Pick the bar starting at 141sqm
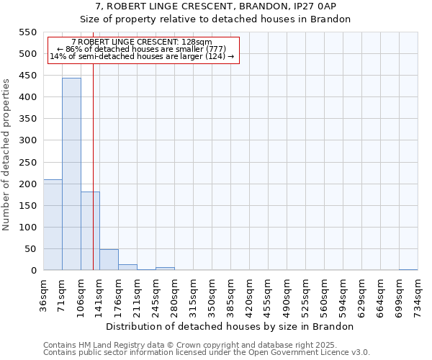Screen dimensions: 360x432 point(109,260)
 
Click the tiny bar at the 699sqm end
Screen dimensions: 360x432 point(408,269)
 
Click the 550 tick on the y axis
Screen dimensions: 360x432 point(27,32)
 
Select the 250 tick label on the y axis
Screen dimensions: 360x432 point(27,163)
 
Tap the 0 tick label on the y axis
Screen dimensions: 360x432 point(33,271)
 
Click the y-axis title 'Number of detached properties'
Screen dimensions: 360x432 point(6,155)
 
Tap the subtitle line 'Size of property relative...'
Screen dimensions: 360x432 point(215,19)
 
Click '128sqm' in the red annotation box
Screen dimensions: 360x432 point(197,42)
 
